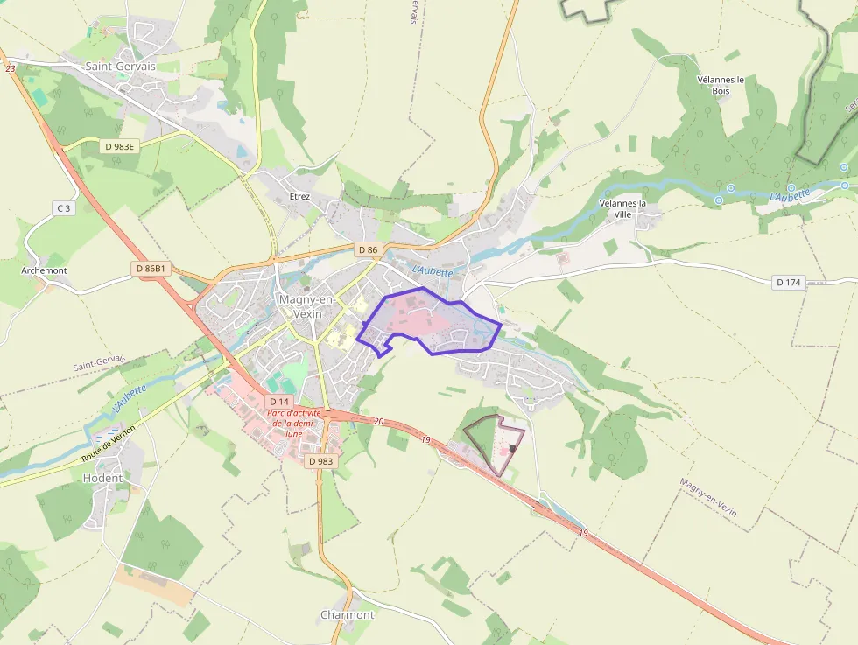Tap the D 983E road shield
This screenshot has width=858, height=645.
pyautogui.click(x=119, y=146)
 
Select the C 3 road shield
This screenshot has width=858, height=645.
pyautogui.click(x=62, y=207)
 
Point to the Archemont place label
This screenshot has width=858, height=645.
pyautogui.click(x=44, y=270)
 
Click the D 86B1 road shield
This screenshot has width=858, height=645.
pyautogui.click(x=151, y=267)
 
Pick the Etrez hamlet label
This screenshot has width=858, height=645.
pyautogui.click(x=299, y=196)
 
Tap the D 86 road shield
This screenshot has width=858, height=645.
pyautogui.click(x=369, y=250)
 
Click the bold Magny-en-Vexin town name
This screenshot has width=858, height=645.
pyautogui.click(x=300, y=306)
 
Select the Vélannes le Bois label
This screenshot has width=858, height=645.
pyautogui.click(x=721, y=84)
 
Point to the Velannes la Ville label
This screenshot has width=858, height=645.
pyautogui.click(x=622, y=208)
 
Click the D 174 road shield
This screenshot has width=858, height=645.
pyautogui.click(x=790, y=282)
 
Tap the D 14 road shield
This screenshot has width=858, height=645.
pyautogui.click(x=278, y=402)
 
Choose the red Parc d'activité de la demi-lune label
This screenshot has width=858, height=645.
pyautogui.click(x=294, y=423)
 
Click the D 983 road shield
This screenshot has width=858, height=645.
pyautogui.click(x=321, y=460)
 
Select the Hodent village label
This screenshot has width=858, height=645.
pyautogui.click(x=102, y=479)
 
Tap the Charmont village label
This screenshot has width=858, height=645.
pyautogui.click(x=347, y=614)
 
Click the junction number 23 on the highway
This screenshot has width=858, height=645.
pyautogui.click(x=11, y=68)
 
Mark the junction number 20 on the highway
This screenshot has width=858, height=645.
pyautogui.click(x=378, y=422)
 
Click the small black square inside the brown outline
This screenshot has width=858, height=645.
pyautogui.click(x=512, y=448)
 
